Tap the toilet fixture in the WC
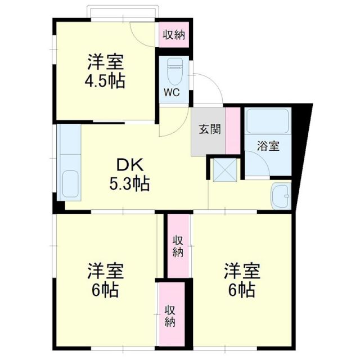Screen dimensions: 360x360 coord(175,70)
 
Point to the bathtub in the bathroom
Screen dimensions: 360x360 coord(267,120)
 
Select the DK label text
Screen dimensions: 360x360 coord(130,165)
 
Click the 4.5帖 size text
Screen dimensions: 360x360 coord(105,80)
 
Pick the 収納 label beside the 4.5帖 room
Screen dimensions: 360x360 coord(174,34)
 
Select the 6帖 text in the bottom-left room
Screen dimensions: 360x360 coord(105,291)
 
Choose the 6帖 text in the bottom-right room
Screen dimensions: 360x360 coord(242,291)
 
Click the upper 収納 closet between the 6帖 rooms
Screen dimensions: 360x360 coord(178,246)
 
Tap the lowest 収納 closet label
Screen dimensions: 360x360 coord(170,316)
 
